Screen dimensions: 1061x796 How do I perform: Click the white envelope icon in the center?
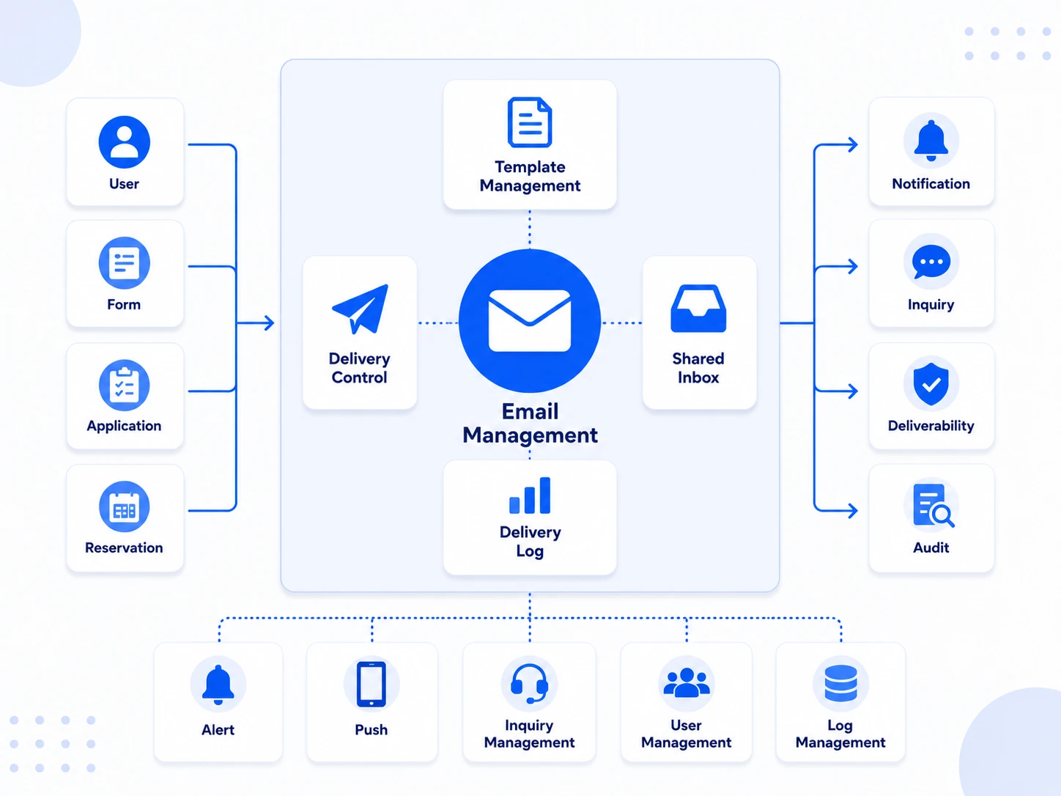click(529, 320)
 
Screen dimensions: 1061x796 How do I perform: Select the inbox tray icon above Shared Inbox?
click(698, 309)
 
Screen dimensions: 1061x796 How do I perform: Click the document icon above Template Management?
click(529, 122)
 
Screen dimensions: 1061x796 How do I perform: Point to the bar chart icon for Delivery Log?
click(529, 495)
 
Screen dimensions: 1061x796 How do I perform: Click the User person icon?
click(125, 141)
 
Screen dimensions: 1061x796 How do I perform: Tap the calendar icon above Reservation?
click(125, 506)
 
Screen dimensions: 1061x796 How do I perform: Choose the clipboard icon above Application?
click(125, 386)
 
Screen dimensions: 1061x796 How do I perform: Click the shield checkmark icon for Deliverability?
click(931, 384)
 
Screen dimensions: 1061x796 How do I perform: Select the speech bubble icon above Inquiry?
click(931, 262)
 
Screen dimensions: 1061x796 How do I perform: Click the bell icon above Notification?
click(931, 141)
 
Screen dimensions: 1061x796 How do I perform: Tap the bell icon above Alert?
click(218, 685)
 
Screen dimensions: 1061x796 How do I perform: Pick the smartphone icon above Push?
click(371, 684)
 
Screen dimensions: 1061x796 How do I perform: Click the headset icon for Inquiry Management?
click(529, 683)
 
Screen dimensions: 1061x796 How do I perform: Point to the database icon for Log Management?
click(840, 683)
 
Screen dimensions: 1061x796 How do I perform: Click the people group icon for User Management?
click(687, 682)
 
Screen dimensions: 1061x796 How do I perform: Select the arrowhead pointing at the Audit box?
click(853, 510)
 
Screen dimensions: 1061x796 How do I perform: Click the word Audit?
click(931, 548)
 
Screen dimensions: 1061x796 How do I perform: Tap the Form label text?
click(124, 304)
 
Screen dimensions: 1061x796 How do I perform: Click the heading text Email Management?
click(530, 424)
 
